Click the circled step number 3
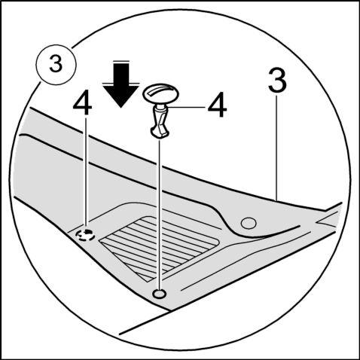(x=56, y=65)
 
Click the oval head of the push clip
(x=160, y=93)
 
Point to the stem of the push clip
(x=159, y=118)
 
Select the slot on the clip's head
(x=160, y=90)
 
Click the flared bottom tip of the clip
(x=160, y=133)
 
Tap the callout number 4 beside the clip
(x=217, y=105)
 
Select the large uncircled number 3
(x=277, y=81)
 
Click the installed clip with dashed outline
(x=86, y=235)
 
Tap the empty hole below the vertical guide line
(x=159, y=294)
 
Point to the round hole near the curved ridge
(x=249, y=223)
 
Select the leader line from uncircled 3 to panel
(x=277, y=147)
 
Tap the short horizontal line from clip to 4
(x=186, y=108)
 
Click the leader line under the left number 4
(x=86, y=172)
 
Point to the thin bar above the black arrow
(x=121, y=61)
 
